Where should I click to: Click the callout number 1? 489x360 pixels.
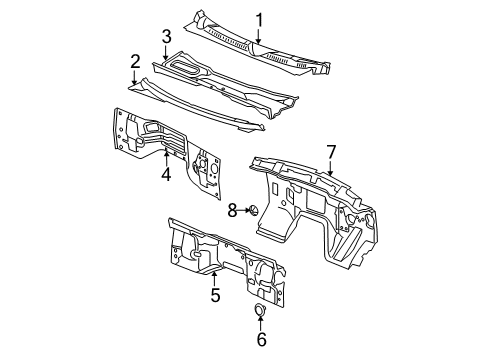click(258, 19)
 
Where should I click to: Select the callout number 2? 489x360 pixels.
click(135, 62)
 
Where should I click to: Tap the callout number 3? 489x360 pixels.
click(166, 36)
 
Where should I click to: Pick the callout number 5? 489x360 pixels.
click(215, 296)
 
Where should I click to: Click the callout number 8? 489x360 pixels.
click(231, 209)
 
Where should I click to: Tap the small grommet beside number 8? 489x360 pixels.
click(254, 209)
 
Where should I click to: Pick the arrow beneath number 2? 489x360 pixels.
click(135, 79)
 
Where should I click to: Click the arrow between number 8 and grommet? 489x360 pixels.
click(243, 209)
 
